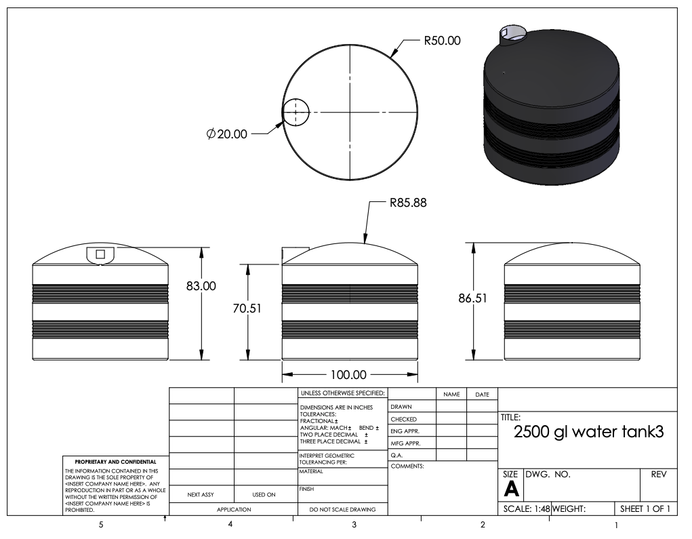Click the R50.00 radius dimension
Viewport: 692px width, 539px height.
click(x=442, y=41)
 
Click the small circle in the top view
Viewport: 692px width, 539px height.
click(x=295, y=112)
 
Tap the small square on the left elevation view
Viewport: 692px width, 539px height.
click(x=100, y=254)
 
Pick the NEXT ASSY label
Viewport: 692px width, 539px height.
click(x=201, y=494)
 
